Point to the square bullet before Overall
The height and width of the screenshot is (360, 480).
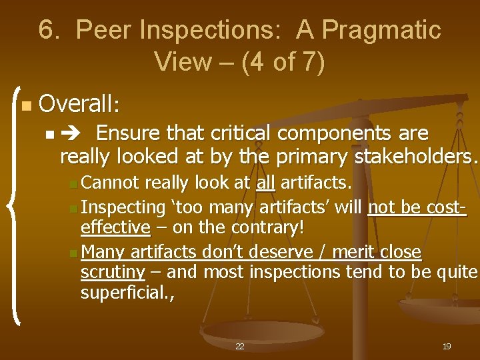click(x=25, y=105)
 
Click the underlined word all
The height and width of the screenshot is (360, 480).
click(x=265, y=183)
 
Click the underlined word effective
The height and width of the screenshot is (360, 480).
click(x=115, y=228)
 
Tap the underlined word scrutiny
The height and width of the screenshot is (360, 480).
click(x=113, y=272)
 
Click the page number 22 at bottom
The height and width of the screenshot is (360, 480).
click(x=240, y=347)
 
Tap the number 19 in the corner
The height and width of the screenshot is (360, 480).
click(x=447, y=347)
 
